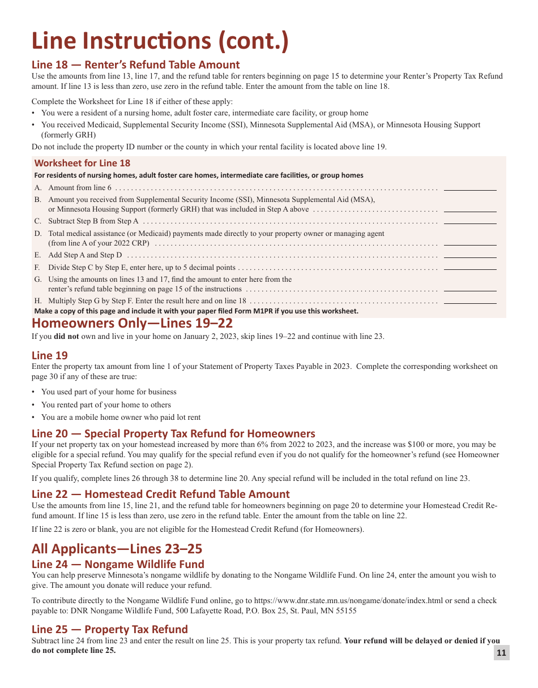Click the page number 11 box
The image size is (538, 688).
[x=501, y=653]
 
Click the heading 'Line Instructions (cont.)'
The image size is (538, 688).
[x=160, y=41]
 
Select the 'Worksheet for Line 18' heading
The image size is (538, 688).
[x=82, y=163]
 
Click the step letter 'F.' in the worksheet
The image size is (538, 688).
[x=37, y=268]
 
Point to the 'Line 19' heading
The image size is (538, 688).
[x=50, y=355]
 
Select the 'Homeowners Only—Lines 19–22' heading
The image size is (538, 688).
[x=132, y=323]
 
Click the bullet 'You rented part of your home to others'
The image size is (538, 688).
[x=106, y=405]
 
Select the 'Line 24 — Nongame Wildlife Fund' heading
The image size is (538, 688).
[x=118, y=564]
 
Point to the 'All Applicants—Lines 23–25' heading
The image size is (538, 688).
[x=117, y=549]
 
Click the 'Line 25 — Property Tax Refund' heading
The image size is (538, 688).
[x=110, y=629]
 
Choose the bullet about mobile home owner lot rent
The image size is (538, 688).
[x=121, y=417]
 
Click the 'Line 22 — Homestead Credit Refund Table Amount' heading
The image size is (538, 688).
[x=161, y=494]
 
